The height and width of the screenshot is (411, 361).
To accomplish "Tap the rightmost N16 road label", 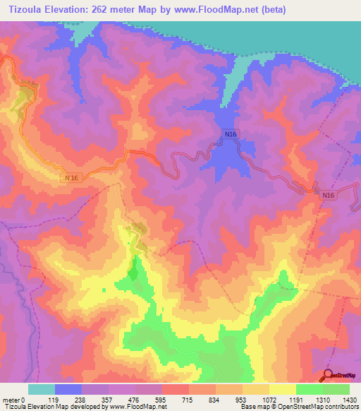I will pyautogui.click(x=327, y=195).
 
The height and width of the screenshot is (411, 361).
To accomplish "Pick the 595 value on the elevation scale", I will pyautogui.click(x=162, y=399).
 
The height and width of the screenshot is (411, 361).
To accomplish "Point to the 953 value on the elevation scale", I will pyautogui.click(x=243, y=399).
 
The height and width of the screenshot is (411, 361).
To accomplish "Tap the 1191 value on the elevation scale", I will pyautogui.click(x=296, y=399).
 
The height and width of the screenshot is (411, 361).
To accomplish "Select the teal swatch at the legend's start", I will pyautogui.click(x=42, y=389).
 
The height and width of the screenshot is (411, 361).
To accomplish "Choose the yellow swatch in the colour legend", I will pyautogui.click(x=282, y=389).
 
